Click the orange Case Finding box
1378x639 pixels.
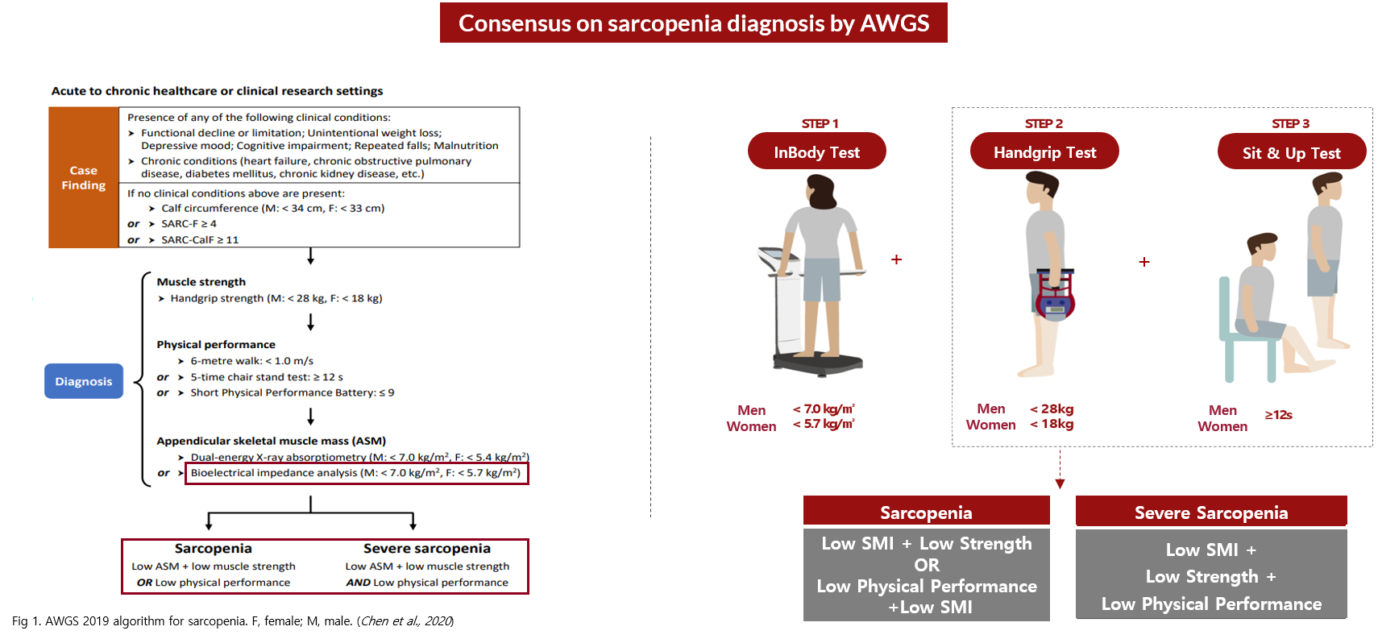point(84,177)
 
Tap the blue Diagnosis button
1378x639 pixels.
point(84,381)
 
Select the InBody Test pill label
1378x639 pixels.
point(817,151)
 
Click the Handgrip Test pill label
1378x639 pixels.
point(1044,151)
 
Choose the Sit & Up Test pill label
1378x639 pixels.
point(1292,152)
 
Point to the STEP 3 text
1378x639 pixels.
point(1291,123)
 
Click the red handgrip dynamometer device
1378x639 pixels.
point(1055,294)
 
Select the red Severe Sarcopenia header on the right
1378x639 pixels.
point(1211,511)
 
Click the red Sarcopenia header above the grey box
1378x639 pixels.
point(927,511)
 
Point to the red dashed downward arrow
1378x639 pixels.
point(1060,469)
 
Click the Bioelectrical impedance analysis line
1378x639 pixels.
point(356,473)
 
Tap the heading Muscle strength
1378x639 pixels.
point(201,282)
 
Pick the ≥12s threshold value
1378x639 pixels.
point(1278,415)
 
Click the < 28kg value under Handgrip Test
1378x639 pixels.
point(1052,409)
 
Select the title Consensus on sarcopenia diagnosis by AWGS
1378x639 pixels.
point(693,23)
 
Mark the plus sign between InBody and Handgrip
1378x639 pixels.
point(896,259)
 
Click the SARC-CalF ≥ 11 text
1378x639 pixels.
point(200,240)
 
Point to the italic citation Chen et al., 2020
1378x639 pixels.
point(406,621)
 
